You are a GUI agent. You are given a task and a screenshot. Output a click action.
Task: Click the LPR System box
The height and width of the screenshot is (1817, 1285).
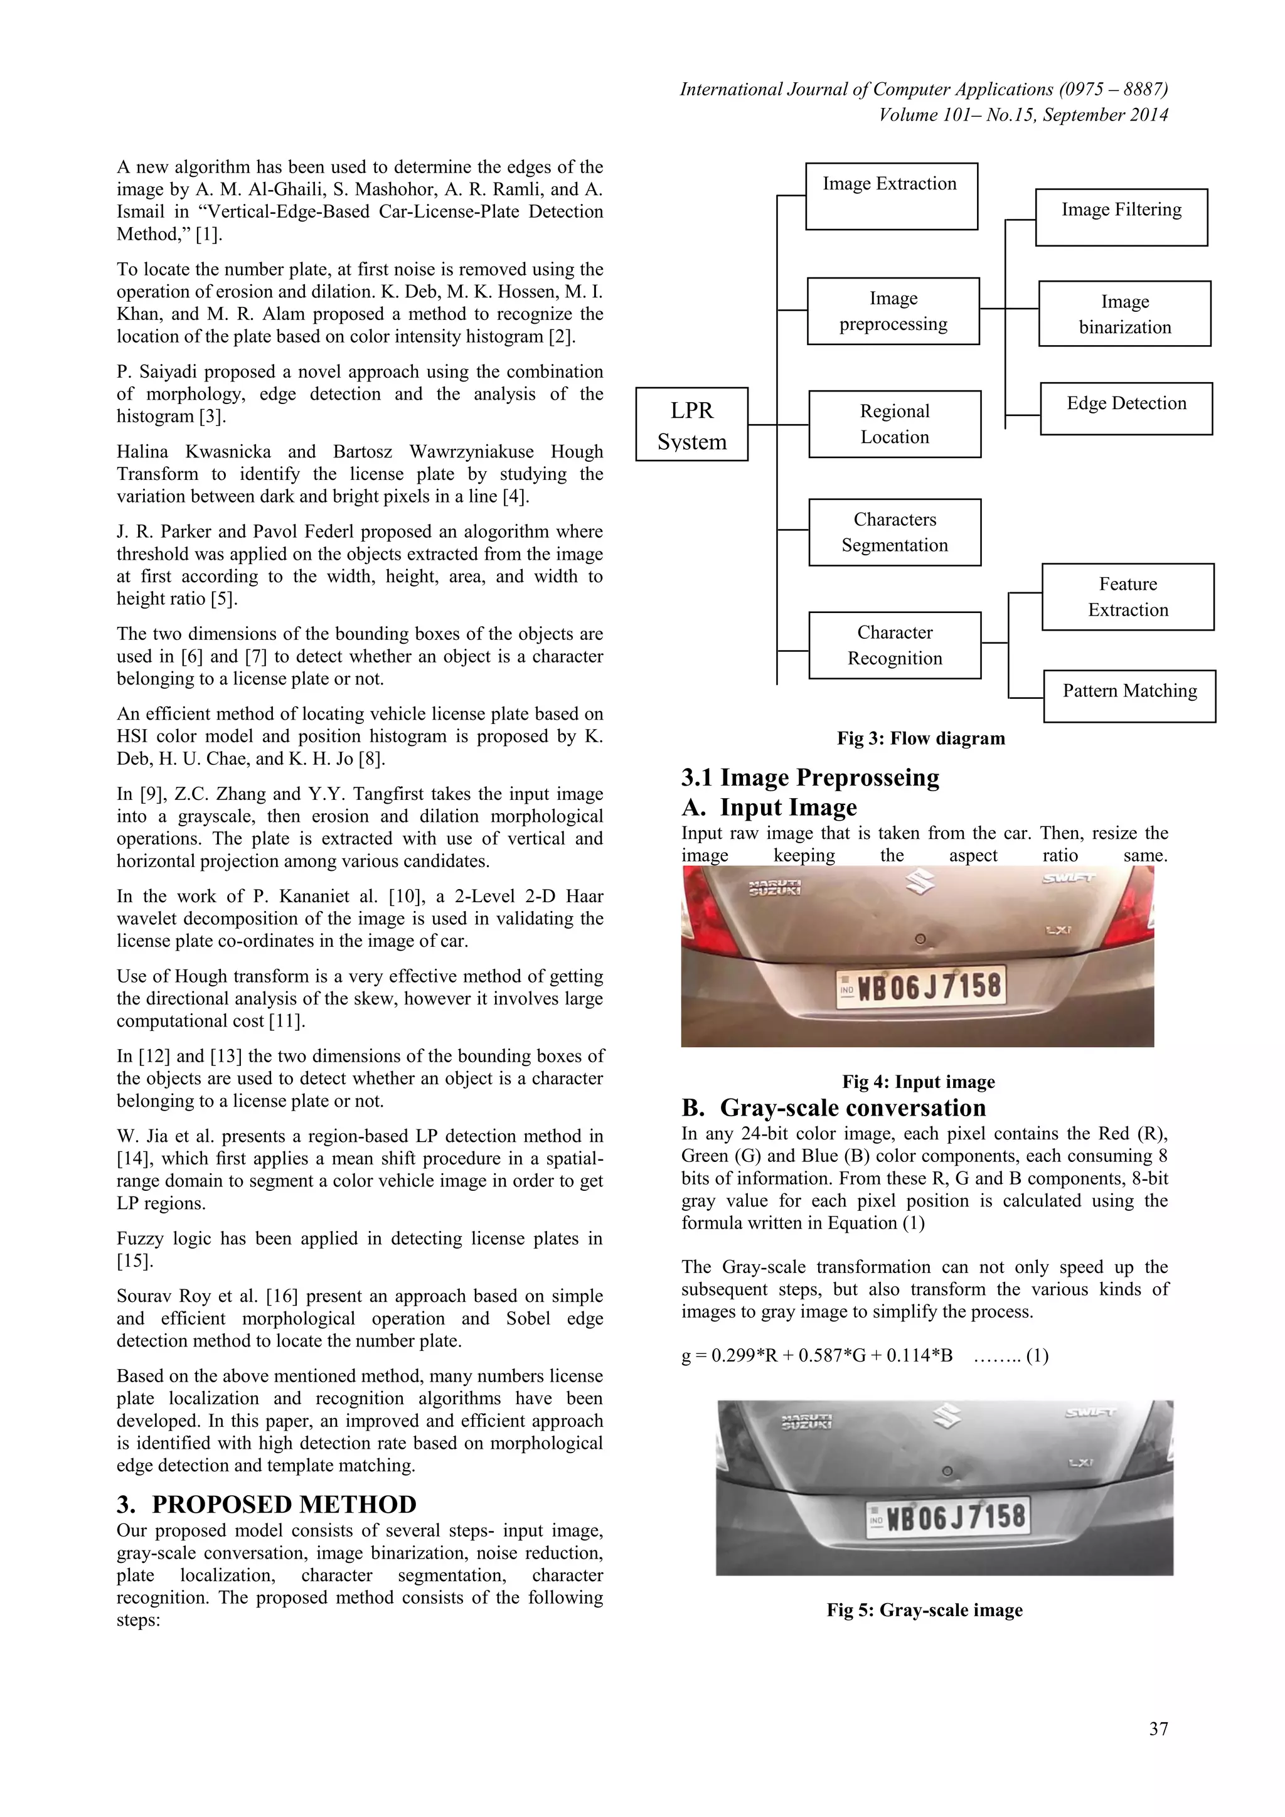[x=691, y=424]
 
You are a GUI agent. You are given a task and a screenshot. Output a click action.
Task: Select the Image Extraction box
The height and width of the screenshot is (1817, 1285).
[x=891, y=196]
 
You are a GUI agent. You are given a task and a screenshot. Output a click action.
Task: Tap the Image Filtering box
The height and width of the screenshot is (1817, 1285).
[x=1121, y=217]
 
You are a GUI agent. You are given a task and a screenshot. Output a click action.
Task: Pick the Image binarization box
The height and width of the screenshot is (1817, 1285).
[x=1124, y=313]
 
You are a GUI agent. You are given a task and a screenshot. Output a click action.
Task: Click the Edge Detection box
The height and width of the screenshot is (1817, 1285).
[x=1126, y=408]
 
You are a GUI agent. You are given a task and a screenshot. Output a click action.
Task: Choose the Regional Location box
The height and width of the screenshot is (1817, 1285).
[x=894, y=424]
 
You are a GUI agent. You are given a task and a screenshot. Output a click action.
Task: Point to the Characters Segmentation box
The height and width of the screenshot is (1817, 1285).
[x=894, y=532]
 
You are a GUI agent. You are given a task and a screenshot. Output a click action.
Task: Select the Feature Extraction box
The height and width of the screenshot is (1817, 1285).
[x=1128, y=597]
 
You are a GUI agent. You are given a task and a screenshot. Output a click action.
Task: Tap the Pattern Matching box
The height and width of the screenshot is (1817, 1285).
[x=1129, y=696]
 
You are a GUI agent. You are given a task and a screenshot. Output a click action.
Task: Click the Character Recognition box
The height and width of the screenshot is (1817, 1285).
[x=894, y=645]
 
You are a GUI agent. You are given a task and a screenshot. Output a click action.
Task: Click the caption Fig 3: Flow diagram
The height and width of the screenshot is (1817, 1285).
[x=921, y=738]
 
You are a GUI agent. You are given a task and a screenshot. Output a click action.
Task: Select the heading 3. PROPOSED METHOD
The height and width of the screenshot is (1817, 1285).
[x=266, y=1504]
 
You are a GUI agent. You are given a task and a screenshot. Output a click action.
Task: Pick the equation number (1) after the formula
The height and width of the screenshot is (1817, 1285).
[x=1037, y=1356]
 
